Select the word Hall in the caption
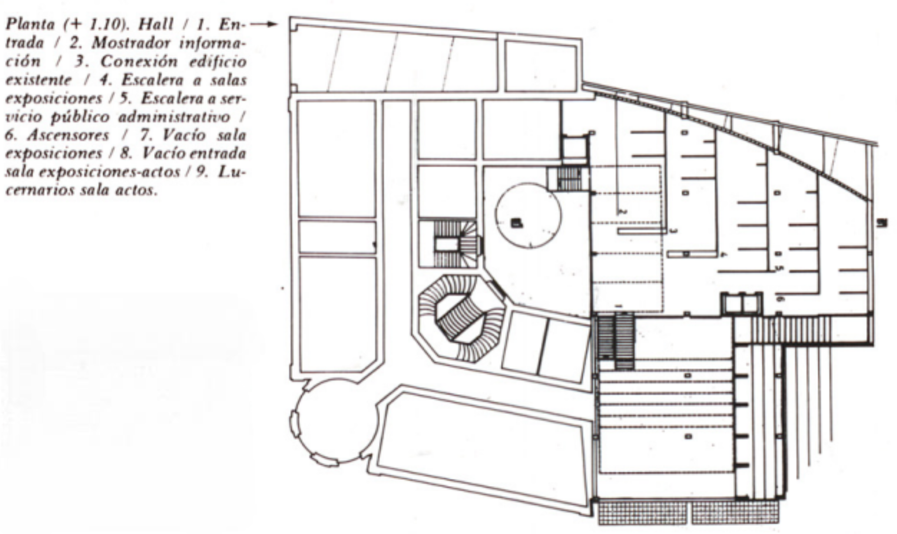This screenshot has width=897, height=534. (x=155, y=24)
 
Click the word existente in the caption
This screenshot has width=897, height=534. (x=39, y=80)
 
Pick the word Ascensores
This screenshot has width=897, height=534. (x=68, y=135)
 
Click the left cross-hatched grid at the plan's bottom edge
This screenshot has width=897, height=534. (x=642, y=513)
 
